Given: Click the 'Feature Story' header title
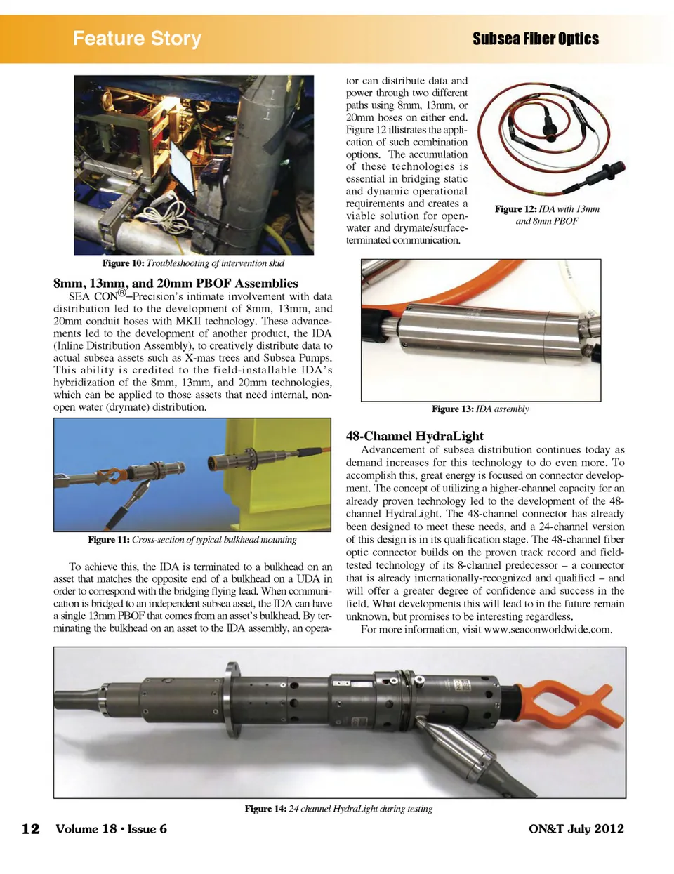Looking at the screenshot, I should tap(137, 38).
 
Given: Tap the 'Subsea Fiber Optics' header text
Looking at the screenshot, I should tap(535, 39).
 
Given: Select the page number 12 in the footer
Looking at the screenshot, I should tap(30, 829).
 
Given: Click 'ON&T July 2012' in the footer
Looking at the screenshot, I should tap(576, 828).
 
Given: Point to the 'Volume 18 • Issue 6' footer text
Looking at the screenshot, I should tap(111, 828).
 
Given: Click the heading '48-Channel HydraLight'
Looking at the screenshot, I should tap(415, 435).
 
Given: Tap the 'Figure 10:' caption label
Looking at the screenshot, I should tap(123, 263).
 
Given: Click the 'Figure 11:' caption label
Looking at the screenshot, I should tap(109, 540).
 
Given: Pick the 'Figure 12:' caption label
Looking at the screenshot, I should tap(515, 209).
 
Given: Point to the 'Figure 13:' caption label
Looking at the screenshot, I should tap(452, 409).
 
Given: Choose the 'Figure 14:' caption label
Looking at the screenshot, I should tap(265, 809).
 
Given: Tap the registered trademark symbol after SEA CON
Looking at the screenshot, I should tap(122, 292).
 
